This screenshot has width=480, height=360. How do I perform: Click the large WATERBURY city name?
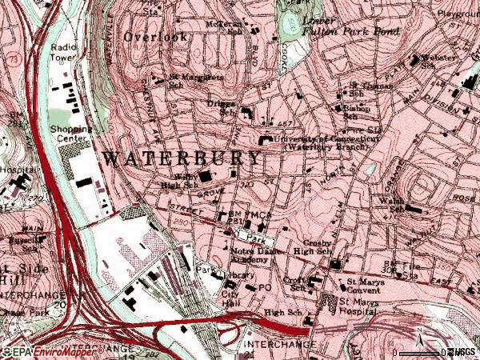click(182, 158)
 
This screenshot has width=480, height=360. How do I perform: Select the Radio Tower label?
click(62, 52)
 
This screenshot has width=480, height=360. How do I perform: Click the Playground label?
click(460, 14)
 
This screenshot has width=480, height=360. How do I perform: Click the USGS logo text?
click(462, 352)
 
